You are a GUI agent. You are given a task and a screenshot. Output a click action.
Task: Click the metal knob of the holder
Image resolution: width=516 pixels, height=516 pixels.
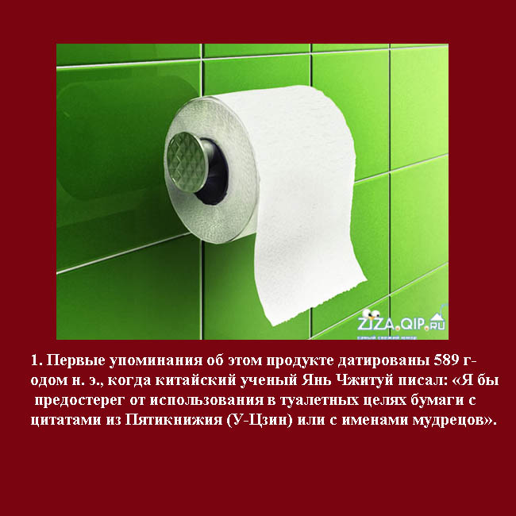coord(187,163)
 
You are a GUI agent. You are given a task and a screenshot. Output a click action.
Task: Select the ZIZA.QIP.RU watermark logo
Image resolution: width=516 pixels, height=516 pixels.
coord(402,322)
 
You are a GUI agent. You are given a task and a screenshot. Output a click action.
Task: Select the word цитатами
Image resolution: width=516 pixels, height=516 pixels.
coord(66,421)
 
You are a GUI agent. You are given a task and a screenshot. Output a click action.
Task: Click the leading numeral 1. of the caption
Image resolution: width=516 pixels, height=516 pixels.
coord(37,361)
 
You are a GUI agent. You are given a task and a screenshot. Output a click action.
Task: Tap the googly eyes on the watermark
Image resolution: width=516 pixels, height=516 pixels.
coord(371,314)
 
